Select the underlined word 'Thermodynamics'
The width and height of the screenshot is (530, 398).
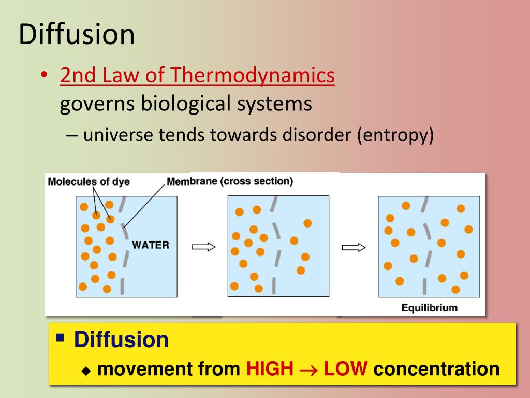coord(253,76)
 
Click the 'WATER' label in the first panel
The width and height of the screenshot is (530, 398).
coord(151,245)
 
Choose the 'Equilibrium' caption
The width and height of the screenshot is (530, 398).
coord(430,308)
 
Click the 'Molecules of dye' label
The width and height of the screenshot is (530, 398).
coord(89,181)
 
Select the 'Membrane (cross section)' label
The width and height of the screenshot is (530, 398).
coord(230,181)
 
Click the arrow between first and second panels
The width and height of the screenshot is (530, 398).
coord(203,247)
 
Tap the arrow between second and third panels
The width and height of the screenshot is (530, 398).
coord(354,247)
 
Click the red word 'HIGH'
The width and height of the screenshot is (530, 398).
coord(270,369)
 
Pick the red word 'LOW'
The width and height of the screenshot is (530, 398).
coord(346,369)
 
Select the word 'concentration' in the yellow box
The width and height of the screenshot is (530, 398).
coord(436,369)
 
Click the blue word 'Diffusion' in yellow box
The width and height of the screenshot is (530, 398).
coord(121,340)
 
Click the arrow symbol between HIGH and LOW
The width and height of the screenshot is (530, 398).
coord(308,369)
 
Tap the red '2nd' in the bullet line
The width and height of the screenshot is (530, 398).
coord(76,76)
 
